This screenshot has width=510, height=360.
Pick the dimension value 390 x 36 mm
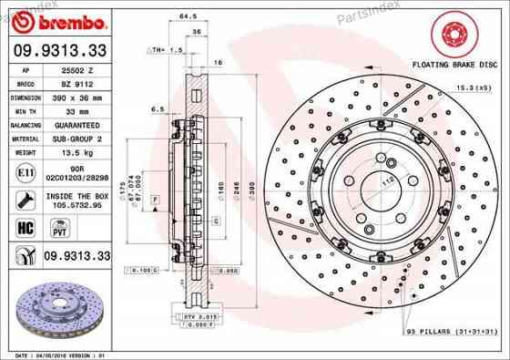click(x=74, y=96)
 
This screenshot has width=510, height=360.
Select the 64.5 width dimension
click(x=190, y=16)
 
